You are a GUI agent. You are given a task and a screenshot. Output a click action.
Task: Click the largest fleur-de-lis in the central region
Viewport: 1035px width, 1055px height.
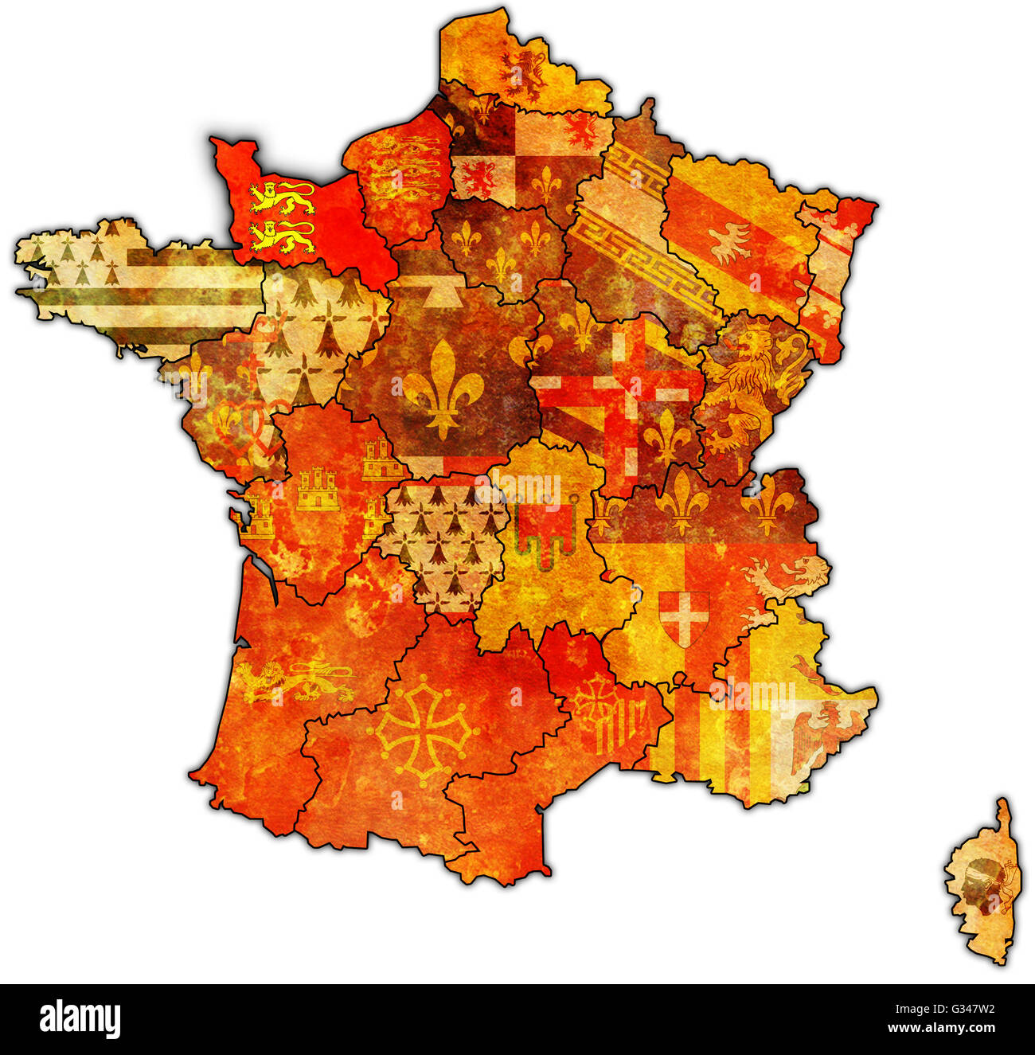pos(443,385)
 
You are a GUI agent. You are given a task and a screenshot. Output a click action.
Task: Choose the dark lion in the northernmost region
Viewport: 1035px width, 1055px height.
pos(525,72)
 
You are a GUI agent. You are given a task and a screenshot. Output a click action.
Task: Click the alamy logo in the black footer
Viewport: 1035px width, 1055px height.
pos(80,1019)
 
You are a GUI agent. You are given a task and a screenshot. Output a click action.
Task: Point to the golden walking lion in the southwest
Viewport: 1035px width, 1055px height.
pos(299,681)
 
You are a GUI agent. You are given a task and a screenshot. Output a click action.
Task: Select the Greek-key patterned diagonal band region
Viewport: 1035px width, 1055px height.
pos(637,231)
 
